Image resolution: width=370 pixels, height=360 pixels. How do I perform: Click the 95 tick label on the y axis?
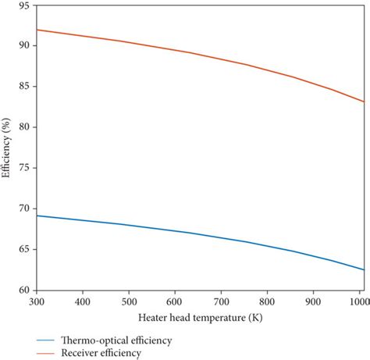coord(25,5)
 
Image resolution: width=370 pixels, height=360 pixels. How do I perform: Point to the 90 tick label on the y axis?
coord(25,45)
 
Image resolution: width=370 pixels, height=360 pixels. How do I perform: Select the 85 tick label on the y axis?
coord(25,86)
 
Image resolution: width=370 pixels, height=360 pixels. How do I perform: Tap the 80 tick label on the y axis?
coord(25,127)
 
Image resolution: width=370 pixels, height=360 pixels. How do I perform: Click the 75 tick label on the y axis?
coord(25,167)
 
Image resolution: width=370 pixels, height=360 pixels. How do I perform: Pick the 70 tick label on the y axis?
coord(25,209)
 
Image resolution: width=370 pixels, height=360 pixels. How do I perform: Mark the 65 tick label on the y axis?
coord(25,249)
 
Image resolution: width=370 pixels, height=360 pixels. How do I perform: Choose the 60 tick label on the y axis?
coord(25,290)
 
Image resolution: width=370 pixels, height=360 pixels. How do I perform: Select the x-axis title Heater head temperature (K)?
coord(200,318)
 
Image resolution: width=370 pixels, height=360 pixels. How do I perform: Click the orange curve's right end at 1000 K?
coord(363,102)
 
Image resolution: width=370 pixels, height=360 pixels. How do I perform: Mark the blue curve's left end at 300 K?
coord(38,216)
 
